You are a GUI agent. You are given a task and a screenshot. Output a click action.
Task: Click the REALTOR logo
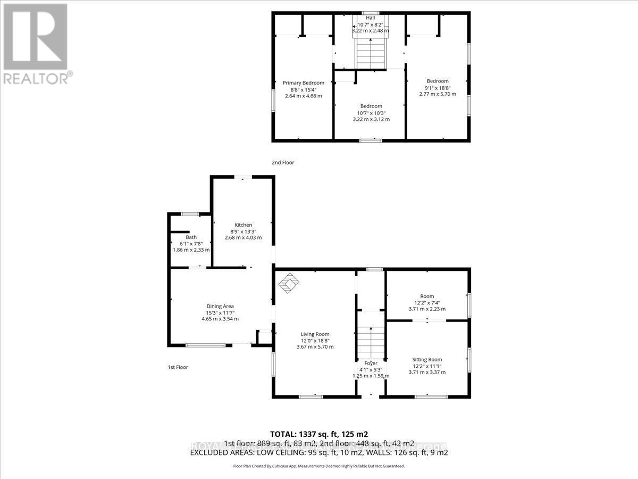(x=36, y=43)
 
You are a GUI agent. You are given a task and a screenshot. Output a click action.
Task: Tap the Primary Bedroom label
(x=303, y=82)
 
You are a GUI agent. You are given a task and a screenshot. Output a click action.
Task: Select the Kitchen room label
(x=244, y=225)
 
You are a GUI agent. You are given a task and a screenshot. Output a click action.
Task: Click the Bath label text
(x=191, y=237)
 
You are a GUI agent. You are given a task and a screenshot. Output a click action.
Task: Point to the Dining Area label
(x=220, y=305)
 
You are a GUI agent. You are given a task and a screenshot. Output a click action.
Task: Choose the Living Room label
(x=315, y=334)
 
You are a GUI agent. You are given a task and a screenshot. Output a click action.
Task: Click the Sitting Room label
(x=427, y=359)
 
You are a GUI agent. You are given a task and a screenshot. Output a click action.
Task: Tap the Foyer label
(x=371, y=363)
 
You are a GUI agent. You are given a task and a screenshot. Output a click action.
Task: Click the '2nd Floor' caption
(x=283, y=163)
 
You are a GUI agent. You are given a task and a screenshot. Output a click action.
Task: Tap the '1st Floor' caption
(x=177, y=367)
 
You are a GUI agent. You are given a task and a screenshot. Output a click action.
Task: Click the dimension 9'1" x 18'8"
(x=438, y=88)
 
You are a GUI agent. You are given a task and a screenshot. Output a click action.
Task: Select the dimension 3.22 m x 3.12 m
(x=371, y=119)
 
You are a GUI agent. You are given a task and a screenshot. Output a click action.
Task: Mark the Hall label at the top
(x=371, y=18)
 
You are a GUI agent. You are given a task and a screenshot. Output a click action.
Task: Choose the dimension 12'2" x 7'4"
(x=427, y=302)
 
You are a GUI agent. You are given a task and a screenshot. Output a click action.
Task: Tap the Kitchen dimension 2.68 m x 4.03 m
(x=244, y=237)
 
